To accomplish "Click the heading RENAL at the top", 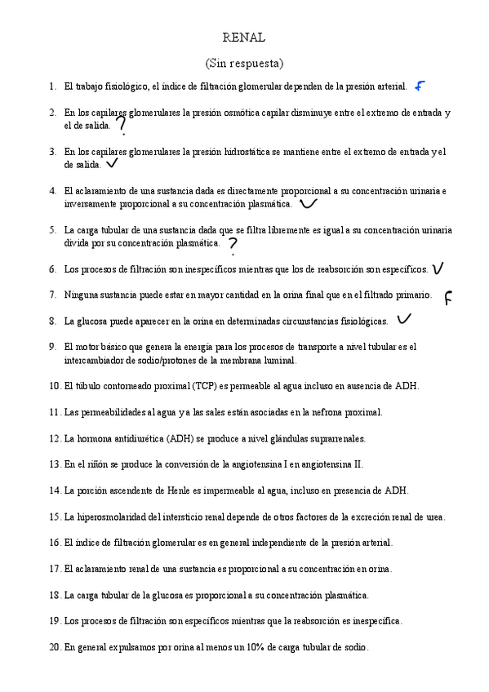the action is point(243,38).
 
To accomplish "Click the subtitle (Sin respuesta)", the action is point(243,63).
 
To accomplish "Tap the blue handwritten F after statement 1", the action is point(420,86).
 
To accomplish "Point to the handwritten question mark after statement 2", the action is point(122,125).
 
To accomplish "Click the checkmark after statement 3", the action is point(112,163).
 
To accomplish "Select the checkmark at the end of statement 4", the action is point(309,202).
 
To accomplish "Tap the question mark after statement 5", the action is point(233,245).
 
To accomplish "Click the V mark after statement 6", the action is point(438,268).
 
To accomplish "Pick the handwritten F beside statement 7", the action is point(448,298).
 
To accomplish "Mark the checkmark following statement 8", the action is point(403,319).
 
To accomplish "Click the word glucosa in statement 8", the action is point(96,322).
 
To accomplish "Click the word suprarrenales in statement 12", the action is point(336,438).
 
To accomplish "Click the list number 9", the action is point(52,347).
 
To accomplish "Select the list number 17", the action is point(55,569).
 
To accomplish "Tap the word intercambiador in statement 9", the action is point(96,360).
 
